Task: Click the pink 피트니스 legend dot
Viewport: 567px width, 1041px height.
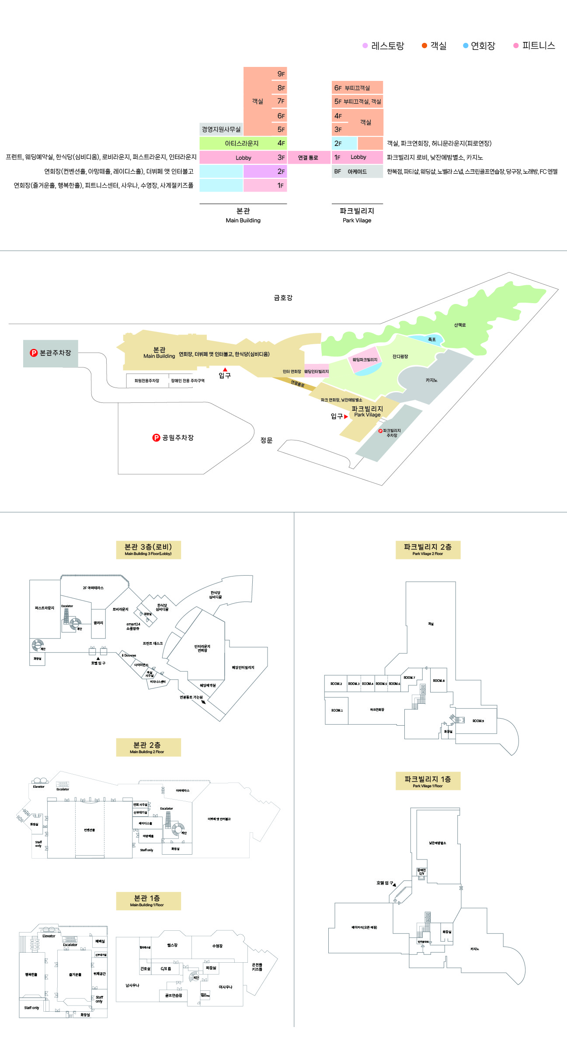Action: (516, 45)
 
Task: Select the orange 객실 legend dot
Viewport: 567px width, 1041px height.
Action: (424, 45)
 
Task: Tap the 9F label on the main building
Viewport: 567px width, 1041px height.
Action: (281, 74)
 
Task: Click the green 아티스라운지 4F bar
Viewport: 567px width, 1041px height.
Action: (243, 143)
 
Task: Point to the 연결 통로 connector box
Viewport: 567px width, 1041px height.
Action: (308, 157)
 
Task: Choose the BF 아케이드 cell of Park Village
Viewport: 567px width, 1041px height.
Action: (357, 171)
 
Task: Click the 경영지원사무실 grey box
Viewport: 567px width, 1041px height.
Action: (221, 129)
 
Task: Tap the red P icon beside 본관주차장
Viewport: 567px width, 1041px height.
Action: (34, 353)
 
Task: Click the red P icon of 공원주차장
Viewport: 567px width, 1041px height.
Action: (156, 438)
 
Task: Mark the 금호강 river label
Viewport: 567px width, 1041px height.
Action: (283, 298)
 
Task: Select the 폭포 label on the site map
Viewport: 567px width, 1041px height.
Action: (432, 339)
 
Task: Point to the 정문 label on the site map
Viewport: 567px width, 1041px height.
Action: (266, 440)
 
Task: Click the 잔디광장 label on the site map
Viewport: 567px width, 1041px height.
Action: (400, 356)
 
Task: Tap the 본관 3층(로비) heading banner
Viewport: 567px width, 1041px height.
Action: (148, 549)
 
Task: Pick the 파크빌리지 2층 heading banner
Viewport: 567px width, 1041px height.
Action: (428, 549)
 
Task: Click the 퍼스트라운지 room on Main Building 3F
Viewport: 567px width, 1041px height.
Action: (45, 608)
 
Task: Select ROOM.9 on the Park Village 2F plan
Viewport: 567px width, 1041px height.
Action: (478, 721)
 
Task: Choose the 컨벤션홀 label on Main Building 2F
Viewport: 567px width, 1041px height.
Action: (90, 830)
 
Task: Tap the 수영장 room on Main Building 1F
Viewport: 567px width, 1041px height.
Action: (217, 946)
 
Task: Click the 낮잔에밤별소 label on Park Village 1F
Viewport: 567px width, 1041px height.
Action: (438, 843)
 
